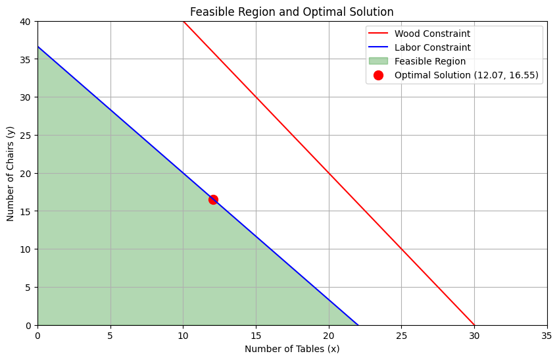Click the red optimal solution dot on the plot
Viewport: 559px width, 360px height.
tap(213, 199)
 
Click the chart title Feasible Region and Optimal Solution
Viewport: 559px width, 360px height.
tap(292, 11)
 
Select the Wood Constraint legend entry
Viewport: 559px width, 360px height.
tap(432, 34)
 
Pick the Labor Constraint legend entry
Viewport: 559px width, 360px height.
tap(432, 47)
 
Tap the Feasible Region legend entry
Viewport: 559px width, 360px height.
tap(429, 61)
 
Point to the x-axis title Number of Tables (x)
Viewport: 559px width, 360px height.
tap(292, 349)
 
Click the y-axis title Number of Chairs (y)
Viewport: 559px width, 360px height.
tap(11, 173)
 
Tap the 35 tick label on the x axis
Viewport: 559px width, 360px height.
tap(547, 334)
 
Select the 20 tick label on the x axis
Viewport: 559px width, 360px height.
tap(328, 334)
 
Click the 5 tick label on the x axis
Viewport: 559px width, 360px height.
tap(110, 334)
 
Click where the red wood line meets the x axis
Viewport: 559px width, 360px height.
tap(474, 325)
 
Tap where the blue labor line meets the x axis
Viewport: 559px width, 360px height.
tap(358, 325)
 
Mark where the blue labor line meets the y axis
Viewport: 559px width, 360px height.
tap(37, 47)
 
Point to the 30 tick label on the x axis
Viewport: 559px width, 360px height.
tap(474, 334)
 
